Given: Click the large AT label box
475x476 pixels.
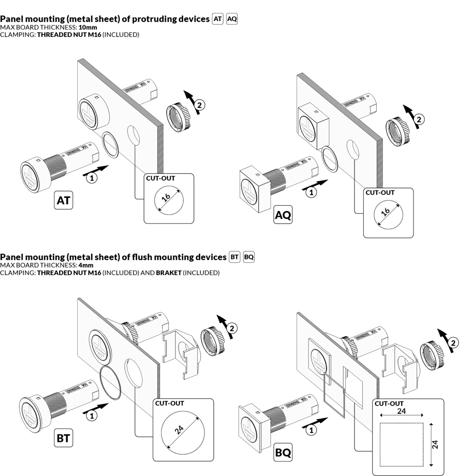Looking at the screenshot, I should (x=63, y=200).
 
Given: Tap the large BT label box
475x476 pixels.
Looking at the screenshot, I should (x=63, y=438).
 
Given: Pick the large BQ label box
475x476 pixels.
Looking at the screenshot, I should (x=283, y=452).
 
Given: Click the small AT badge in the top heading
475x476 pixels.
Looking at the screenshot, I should (x=218, y=19).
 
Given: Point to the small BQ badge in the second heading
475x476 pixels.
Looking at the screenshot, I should (x=249, y=257).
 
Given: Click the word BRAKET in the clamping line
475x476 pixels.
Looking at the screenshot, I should (x=169, y=273).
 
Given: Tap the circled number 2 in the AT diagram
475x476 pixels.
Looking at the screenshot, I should (x=200, y=105).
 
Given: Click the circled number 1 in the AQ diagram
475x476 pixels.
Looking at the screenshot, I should (x=312, y=193).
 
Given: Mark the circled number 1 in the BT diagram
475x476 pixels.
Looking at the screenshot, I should (x=92, y=416).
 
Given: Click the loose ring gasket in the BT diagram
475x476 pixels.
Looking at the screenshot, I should (x=111, y=383).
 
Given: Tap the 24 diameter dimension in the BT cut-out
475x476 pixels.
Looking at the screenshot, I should (x=180, y=430).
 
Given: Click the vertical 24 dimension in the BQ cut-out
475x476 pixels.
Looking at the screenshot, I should (x=435, y=444).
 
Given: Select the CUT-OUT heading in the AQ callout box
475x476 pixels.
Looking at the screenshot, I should (x=380, y=193).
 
